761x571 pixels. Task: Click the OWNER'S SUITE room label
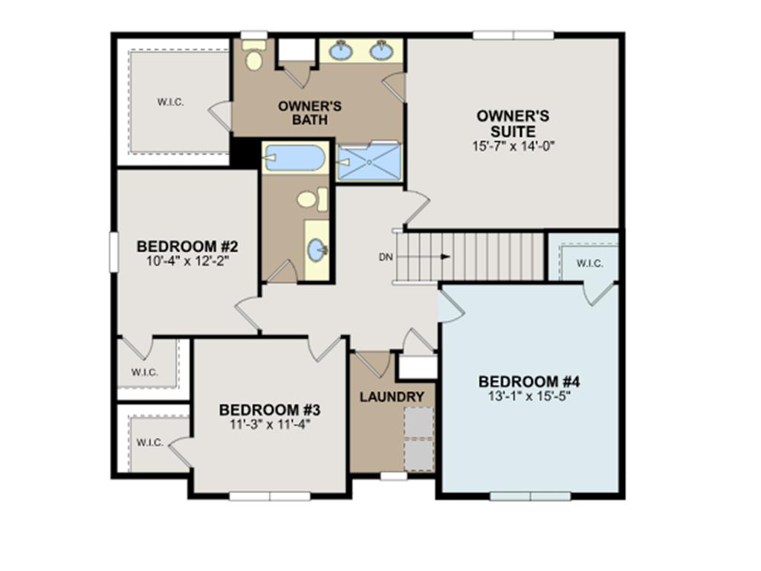pyautogui.click(x=513, y=123)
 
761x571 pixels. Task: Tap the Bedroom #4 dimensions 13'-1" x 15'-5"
pyautogui.click(x=529, y=396)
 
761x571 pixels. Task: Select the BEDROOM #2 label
pyautogui.click(x=187, y=247)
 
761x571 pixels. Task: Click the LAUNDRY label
pyautogui.click(x=392, y=397)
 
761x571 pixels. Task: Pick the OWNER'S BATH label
pyautogui.click(x=310, y=112)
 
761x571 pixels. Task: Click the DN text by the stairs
pyautogui.click(x=385, y=257)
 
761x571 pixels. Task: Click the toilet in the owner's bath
pyautogui.click(x=254, y=58)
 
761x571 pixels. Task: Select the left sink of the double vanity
pyautogui.click(x=342, y=51)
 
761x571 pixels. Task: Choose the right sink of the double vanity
pyautogui.click(x=381, y=51)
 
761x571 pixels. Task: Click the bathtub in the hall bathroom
pyautogui.click(x=295, y=158)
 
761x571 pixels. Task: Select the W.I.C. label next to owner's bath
pyautogui.click(x=171, y=103)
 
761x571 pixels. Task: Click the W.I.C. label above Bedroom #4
pyautogui.click(x=589, y=264)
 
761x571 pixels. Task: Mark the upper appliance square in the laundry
pyautogui.click(x=418, y=422)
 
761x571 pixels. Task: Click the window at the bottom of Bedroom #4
pyautogui.click(x=531, y=496)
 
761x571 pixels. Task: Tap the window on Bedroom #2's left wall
pyautogui.click(x=114, y=251)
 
